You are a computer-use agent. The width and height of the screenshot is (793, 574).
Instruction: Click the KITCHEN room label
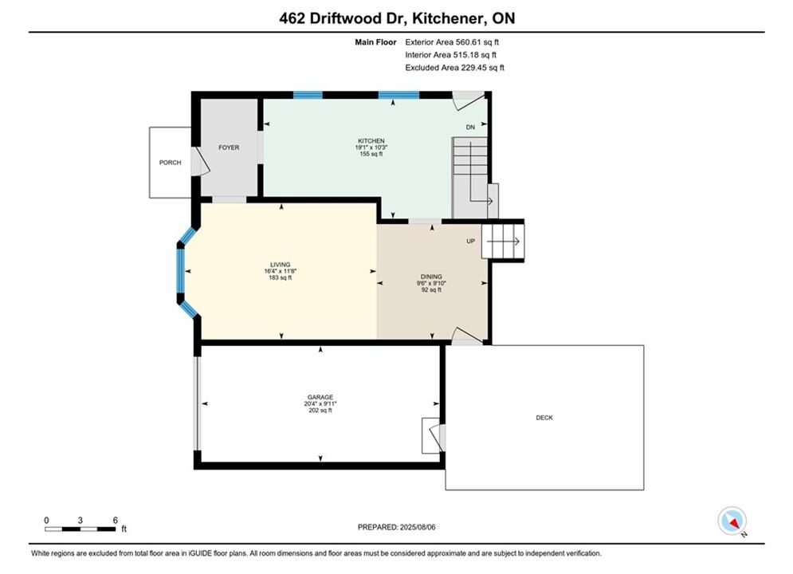371,141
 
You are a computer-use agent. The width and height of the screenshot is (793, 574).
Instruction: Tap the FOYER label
229,147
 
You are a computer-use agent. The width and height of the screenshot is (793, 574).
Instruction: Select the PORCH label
170,163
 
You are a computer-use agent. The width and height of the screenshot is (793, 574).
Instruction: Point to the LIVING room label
281,265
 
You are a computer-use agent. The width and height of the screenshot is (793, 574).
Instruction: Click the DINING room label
431,277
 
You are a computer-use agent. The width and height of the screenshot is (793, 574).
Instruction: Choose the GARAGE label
320,398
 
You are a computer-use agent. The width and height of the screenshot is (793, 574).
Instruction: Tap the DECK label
544,418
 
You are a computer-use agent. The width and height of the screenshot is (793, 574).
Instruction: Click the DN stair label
470,128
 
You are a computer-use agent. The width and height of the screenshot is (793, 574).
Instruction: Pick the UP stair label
470,242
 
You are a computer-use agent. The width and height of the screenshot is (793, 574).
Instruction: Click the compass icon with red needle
732,521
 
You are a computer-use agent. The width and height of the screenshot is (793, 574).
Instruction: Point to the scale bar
80,529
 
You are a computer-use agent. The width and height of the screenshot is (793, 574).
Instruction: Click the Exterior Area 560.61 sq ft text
452,42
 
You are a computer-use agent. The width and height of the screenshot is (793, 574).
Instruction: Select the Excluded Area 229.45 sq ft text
454,68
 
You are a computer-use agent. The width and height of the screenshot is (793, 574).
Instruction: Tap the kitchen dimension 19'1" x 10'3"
371,147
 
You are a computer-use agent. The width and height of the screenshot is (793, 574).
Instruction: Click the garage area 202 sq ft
320,411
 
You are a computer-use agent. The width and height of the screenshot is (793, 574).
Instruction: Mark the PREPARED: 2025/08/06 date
397,527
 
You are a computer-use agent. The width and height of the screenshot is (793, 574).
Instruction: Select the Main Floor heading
375,42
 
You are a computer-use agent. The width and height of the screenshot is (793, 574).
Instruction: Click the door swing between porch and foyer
200,162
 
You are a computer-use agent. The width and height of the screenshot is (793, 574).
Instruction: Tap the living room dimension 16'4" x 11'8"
281,271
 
